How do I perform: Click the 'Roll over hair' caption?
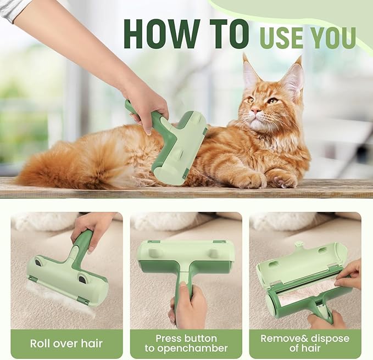click(x=66, y=345)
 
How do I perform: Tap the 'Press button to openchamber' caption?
click(x=186, y=344)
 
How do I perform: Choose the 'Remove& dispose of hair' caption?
click(x=305, y=344)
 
